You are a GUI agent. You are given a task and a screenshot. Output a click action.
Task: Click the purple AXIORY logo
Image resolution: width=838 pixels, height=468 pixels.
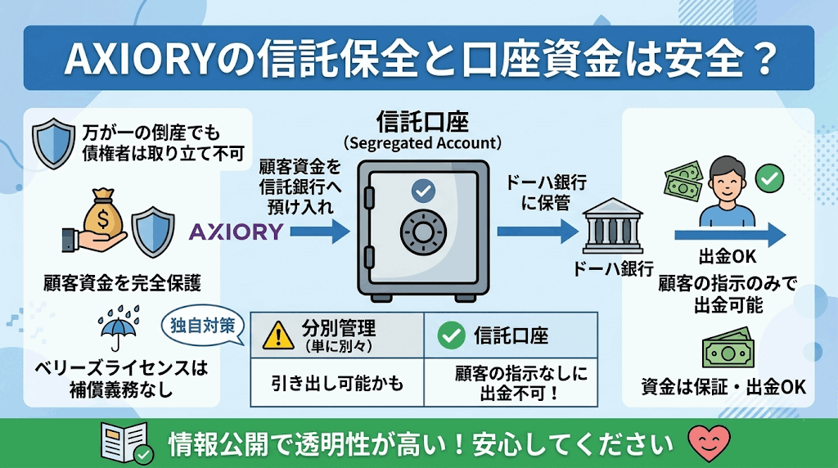click(x=236, y=232)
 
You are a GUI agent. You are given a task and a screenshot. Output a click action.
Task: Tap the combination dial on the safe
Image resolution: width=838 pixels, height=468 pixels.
click(x=422, y=232)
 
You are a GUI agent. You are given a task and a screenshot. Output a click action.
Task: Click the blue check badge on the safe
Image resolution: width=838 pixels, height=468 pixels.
click(x=422, y=191)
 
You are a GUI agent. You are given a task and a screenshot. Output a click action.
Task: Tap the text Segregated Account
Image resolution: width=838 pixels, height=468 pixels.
click(x=422, y=143)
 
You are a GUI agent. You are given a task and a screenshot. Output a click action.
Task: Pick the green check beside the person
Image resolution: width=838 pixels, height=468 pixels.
click(x=768, y=178)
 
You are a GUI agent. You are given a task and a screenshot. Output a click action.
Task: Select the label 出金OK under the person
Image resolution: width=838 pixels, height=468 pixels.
click(x=728, y=257)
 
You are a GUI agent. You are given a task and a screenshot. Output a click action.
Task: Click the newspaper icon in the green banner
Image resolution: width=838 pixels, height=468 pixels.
click(x=124, y=442)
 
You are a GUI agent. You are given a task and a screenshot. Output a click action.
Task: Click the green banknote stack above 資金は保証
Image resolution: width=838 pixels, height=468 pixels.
click(x=727, y=349)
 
